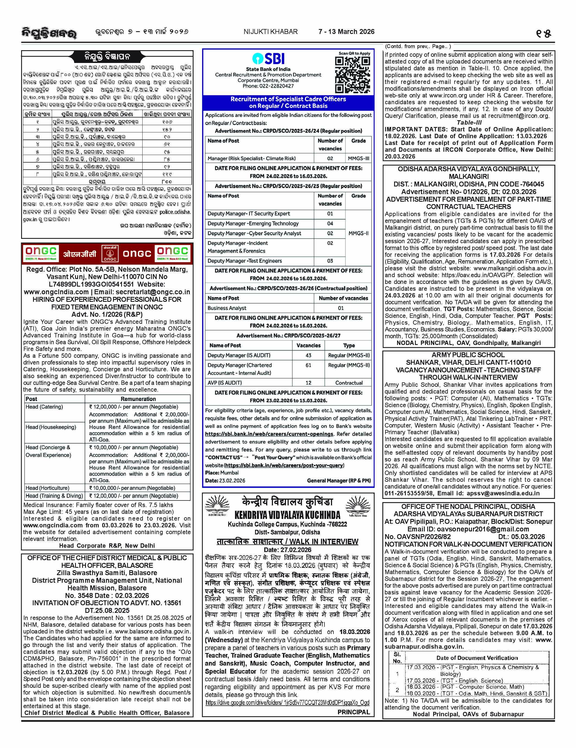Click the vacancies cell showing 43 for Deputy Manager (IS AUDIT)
(x=308, y=356)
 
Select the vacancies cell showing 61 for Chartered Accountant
(x=308, y=365)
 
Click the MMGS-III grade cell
(x=358, y=159)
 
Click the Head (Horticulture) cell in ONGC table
(x=47, y=488)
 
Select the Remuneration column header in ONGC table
(x=138, y=399)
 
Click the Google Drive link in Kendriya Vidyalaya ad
(x=287, y=703)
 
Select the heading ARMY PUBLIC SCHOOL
(x=468, y=355)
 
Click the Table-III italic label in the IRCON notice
(x=469, y=123)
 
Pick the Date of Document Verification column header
(x=477, y=658)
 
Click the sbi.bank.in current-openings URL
(x=269, y=434)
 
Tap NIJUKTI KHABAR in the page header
(x=270, y=31)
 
